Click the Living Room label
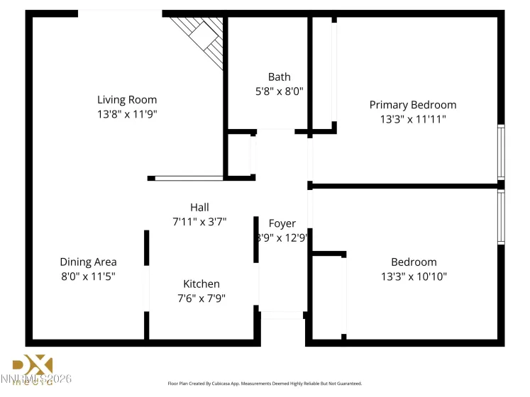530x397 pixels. coord(127,100)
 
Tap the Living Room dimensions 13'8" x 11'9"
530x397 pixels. coord(127,113)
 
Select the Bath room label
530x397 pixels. coord(279,77)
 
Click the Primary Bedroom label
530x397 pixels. coord(412,105)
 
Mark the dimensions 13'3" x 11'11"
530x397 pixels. coord(412,119)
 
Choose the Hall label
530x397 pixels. coord(199,208)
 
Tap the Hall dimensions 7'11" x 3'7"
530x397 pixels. coord(199,221)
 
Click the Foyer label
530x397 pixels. coord(282,223)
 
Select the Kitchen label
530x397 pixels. coord(201,284)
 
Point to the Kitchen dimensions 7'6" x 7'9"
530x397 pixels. coord(201,298)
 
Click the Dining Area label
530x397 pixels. coord(88,262)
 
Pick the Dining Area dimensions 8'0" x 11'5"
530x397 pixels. coord(88,276)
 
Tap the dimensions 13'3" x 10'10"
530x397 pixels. coord(414,276)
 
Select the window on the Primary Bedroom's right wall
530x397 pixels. coord(501,152)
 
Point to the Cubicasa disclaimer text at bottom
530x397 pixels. coord(265,383)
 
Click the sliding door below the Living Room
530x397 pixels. coord(187,178)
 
